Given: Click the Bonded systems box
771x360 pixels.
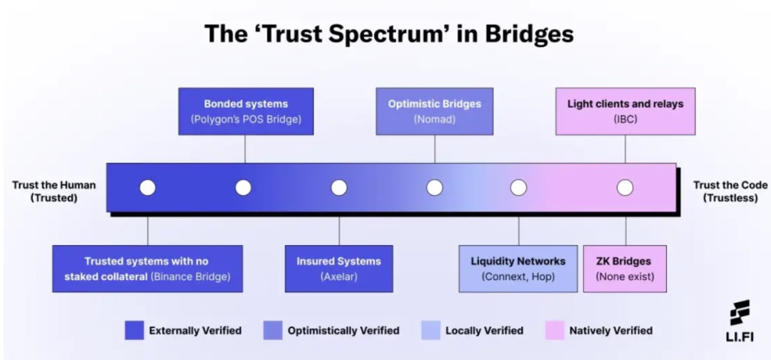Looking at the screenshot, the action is pos(246,111).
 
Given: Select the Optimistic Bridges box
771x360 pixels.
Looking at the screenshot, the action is pos(435,111).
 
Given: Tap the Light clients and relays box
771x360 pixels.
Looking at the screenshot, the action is pos(625,111).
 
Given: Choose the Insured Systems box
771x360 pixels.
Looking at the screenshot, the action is pos(339,269).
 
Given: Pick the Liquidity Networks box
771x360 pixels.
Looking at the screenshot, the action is pos(518,269).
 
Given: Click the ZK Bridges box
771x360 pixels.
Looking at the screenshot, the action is pos(625,269).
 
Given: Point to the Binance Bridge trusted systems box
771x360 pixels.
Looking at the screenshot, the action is pos(148,269).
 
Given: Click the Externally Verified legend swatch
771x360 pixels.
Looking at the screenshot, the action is pos(134,331).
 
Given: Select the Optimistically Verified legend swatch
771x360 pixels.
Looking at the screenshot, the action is pos(273,331).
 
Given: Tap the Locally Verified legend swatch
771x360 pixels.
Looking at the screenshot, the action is pos(430,331).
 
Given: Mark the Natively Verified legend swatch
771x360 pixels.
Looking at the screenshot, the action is pos(555,331).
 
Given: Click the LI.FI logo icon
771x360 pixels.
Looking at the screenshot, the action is pos(740,312).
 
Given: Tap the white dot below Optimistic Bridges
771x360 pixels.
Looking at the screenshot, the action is pos(435,187).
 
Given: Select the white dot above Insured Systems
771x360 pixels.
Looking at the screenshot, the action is pos(339,187).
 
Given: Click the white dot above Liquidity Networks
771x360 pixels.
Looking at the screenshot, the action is pos(518,187).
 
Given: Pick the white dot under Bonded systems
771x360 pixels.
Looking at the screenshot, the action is pos(243,187).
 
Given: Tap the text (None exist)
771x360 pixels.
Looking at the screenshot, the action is pos(625,276).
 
